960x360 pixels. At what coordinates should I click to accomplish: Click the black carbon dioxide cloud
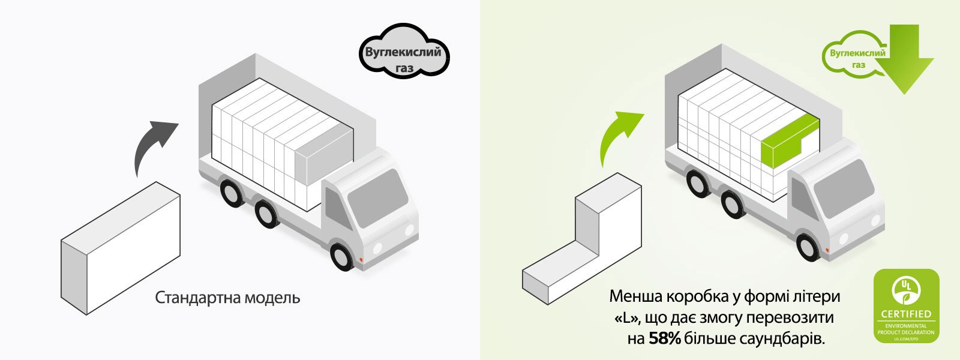[404, 53]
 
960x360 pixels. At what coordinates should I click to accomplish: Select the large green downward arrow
[910, 60]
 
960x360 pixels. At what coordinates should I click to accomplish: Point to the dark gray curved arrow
[155, 144]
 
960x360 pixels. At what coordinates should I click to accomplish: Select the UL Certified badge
[906, 306]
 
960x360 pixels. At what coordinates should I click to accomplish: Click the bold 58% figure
[664, 338]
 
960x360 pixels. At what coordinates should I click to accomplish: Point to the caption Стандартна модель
[227, 298]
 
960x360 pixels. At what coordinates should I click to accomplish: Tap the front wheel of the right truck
[810, 243]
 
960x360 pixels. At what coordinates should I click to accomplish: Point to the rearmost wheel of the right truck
[698, 182]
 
